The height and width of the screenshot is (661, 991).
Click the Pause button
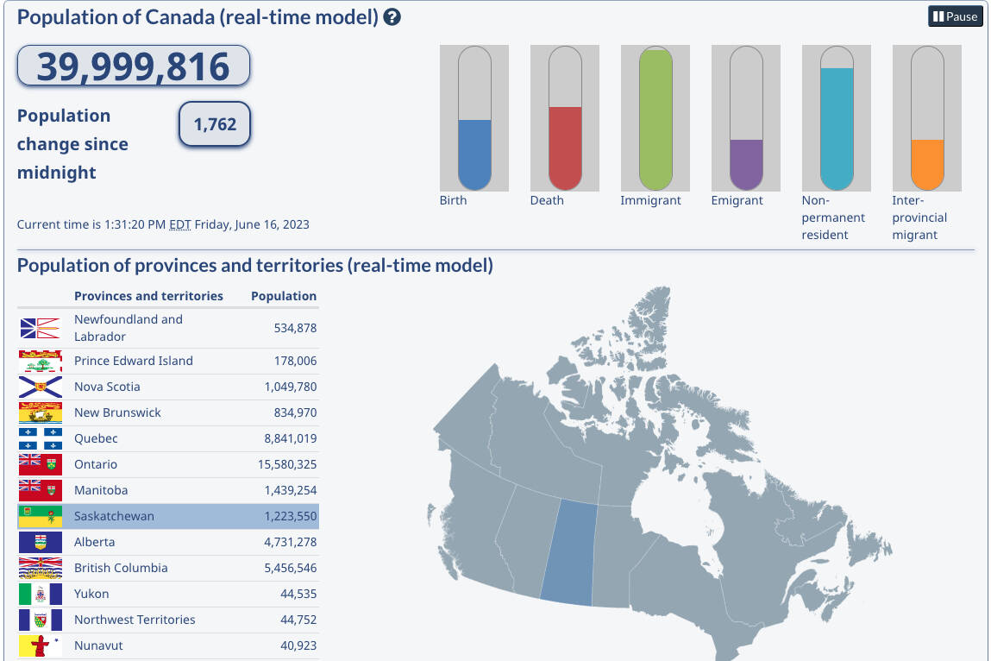955,16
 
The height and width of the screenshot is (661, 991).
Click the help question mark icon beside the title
392,17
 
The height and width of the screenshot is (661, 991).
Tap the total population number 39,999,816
133,66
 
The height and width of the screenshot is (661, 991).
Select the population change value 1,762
215,124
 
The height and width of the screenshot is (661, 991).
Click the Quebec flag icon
41,438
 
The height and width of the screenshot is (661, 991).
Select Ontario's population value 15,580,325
281,464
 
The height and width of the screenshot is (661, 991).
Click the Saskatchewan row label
114,516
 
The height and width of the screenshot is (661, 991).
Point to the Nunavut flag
41,645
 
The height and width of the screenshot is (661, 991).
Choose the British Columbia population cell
281,568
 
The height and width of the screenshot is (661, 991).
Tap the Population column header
284,296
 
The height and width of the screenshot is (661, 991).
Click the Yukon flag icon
41,594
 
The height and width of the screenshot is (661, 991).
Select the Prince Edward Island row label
134,361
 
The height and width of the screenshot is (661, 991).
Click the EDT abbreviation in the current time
179,224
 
